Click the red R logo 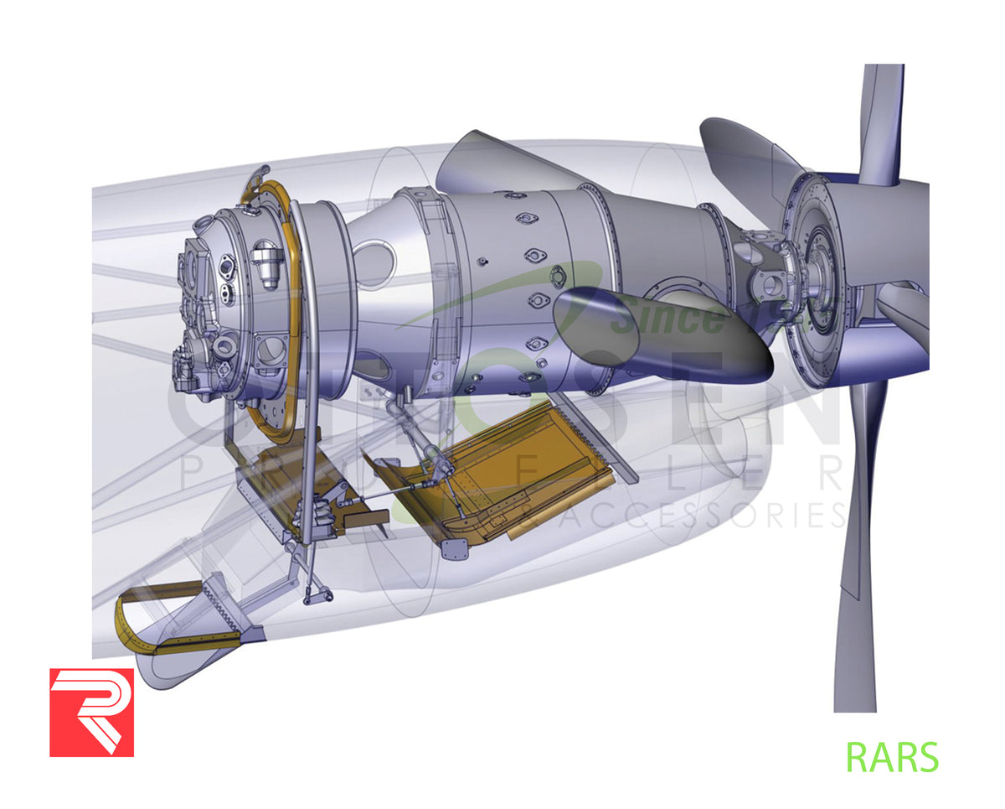[91, 712]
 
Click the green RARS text [892, 757]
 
